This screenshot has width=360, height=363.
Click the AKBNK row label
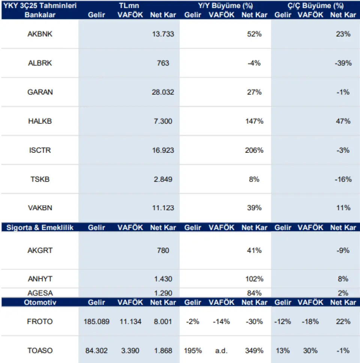[x=40, y=34]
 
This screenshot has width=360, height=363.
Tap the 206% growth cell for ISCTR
[x=254, y=150]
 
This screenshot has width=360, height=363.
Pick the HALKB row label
[x=40, y=121]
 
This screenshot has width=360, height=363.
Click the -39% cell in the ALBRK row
[x=343, y=63]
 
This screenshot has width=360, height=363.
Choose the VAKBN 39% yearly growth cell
[x=254, y=208]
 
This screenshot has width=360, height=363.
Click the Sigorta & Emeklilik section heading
[x=40, y=227]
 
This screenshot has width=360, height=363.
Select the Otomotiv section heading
[x=40, y=302]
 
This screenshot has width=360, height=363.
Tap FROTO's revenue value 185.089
[x=96, y=322]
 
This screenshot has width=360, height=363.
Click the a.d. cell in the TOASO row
[x=221, y=351]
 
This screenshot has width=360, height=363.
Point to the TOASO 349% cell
[x=254, y=351]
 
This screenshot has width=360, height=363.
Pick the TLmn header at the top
[x=129, y=6]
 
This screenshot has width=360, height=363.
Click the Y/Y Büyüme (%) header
[x=225, y=6]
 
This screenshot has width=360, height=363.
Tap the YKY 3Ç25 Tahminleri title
[x=40, y=6]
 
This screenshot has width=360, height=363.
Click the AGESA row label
[x=40, y=293]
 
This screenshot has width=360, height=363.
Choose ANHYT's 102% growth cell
[x=254, y=279]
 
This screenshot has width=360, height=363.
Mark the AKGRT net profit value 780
[x=163, y=250]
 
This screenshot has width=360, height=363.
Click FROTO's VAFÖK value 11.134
[x=130, y=322]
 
